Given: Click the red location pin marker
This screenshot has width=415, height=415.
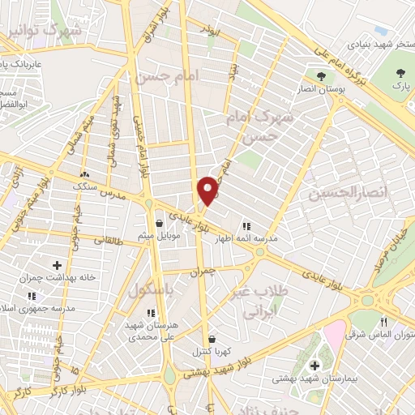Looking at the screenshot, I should [x=208, y=190].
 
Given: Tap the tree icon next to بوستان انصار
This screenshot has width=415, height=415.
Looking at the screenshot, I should [x=322, y=76].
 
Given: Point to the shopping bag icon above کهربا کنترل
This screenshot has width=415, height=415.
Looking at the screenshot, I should [x=212, y=339].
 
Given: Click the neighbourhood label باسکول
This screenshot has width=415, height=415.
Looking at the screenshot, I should [x=149, y=290].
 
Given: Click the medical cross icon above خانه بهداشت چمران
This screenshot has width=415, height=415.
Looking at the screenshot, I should [x=57, y=265].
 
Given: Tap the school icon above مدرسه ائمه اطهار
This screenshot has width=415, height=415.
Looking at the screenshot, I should [x=246, y=226].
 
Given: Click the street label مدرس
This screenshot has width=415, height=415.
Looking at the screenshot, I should [x=114, y=197].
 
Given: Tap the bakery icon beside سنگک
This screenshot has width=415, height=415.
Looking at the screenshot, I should [x=85, y=173].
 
